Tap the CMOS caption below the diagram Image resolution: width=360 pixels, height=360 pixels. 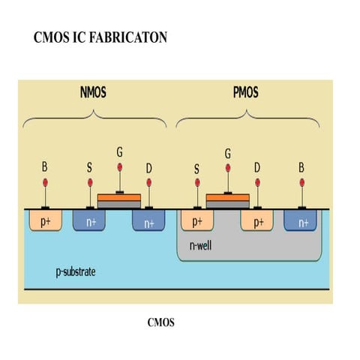tap(161, 323)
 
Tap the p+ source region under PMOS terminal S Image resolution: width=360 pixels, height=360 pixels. tap(196, 221)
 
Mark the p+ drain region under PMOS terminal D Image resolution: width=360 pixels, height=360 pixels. tap(256, 221)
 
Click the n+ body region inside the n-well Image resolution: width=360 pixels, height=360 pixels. tap(302, 221)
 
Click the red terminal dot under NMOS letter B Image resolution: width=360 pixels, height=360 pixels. tap(46, 183)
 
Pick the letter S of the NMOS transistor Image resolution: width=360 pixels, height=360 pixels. tap(90, 167)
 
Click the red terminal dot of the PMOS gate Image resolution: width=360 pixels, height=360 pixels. tap(228, 173)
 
